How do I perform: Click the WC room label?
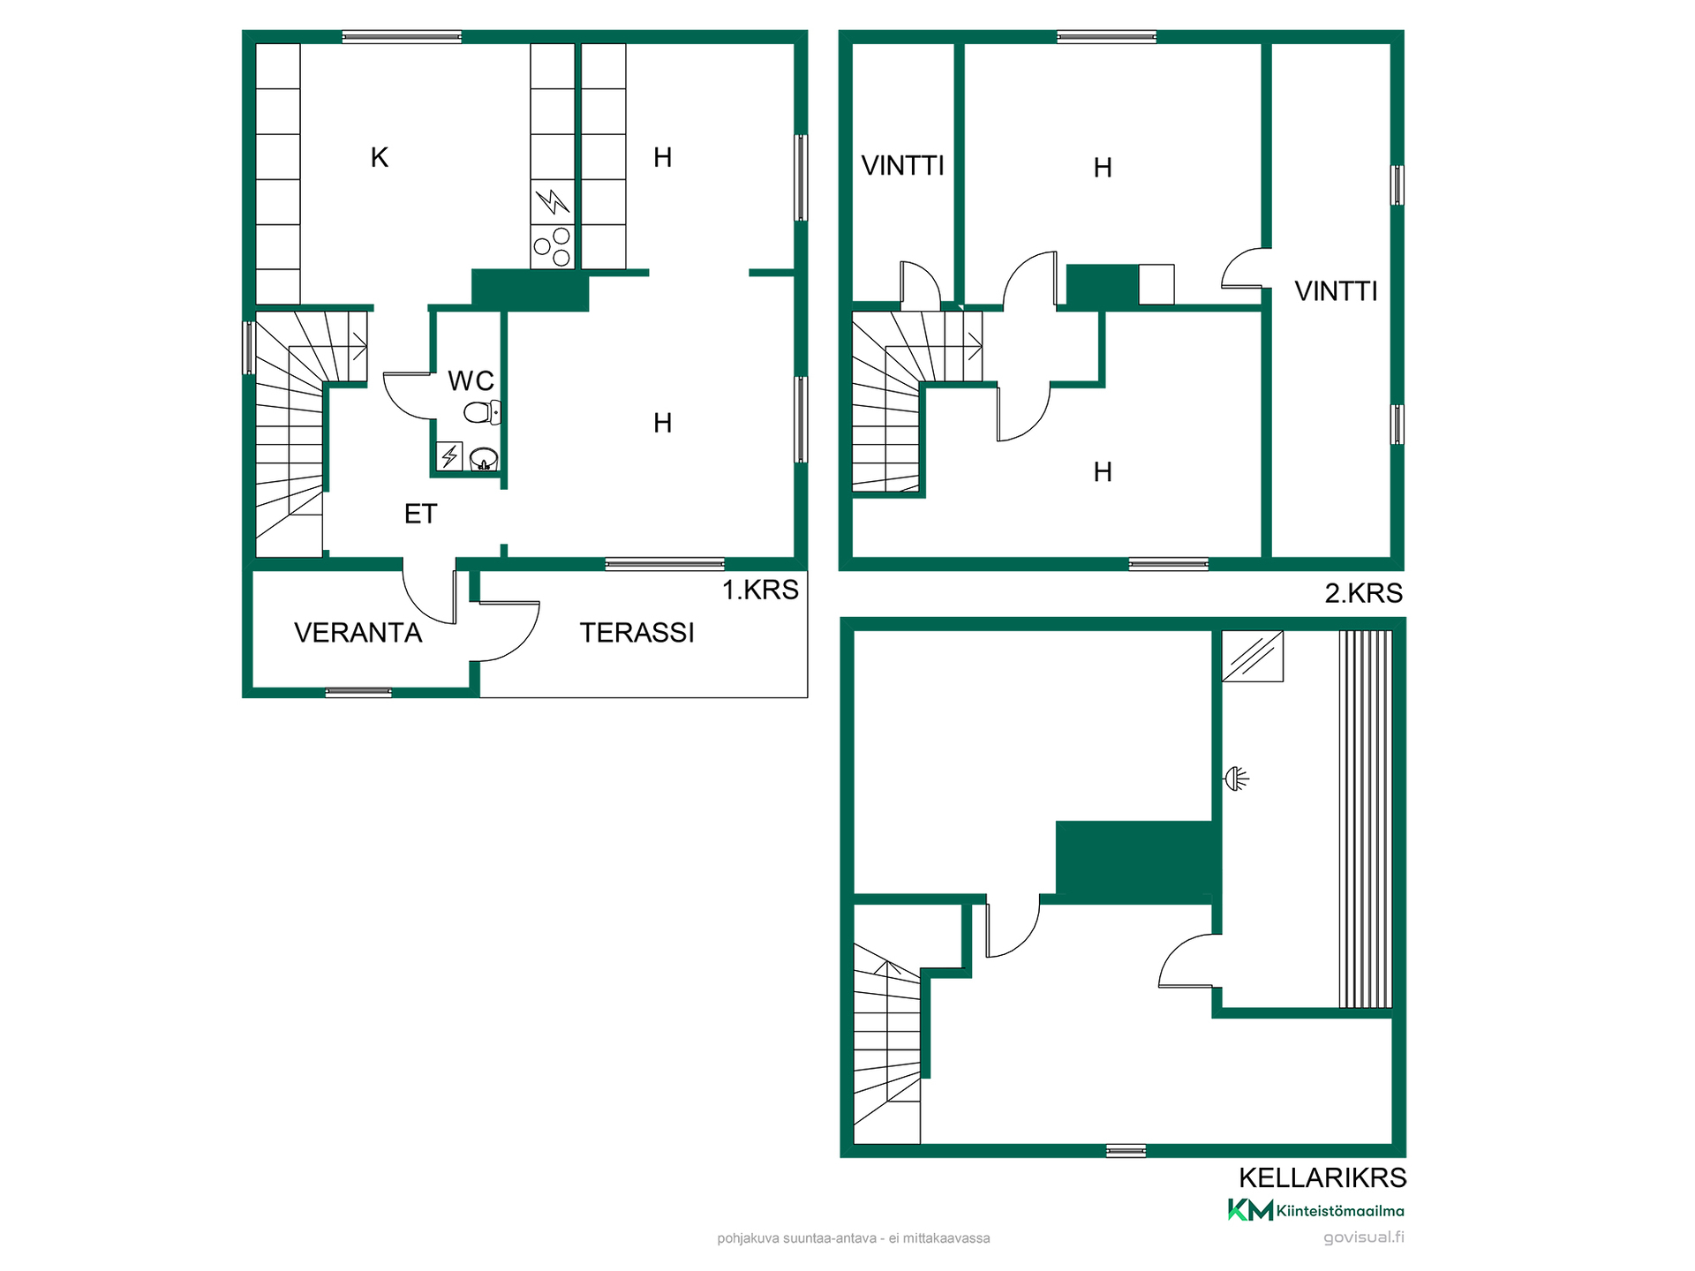tap(471, 380)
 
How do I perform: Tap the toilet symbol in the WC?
tap(482, 412)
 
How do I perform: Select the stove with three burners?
tap(553, 246)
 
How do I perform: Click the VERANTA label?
tap(358, 633)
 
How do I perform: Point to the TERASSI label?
tap(637, 633)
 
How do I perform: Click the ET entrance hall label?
tap(420, 514)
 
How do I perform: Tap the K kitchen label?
tap(380, 157)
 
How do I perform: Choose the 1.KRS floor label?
tap(760, 590)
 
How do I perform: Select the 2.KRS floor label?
tap(1363, 593)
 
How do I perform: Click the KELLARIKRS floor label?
tap(1322, 1177)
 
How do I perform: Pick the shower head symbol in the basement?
tap(1236, 778)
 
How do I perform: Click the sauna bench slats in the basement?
tap(1366, 819)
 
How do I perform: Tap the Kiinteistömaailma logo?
tap(1315, 1210)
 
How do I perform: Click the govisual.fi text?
tap(1363, 1237)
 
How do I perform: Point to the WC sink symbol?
tap(484, 459)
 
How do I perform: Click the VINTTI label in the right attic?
tap(1336, 291)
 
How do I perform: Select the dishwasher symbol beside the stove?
tap(553, 202)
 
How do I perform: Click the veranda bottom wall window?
tap(358, 693)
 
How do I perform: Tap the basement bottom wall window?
tap(1126, 1150)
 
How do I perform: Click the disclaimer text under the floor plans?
tap(854, 1238)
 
